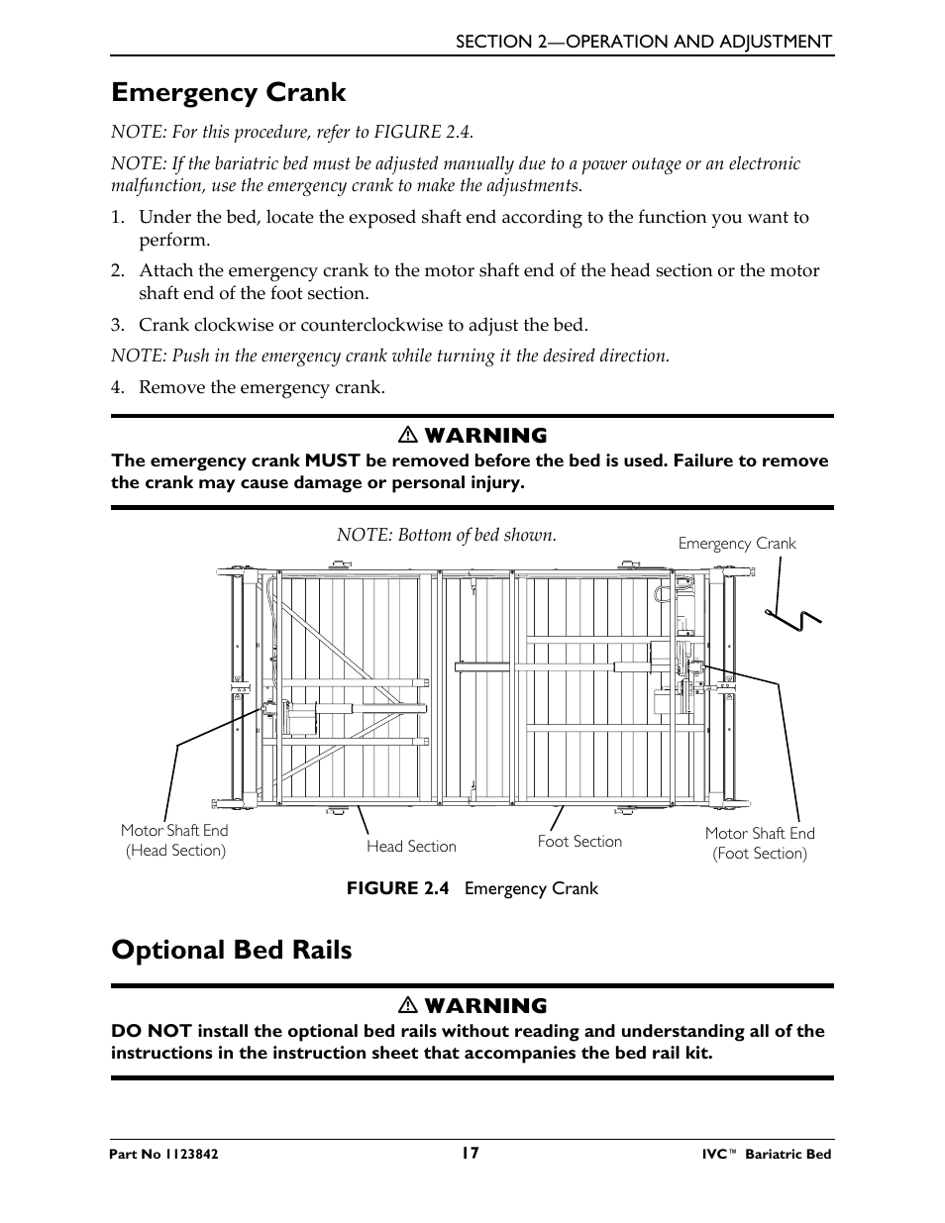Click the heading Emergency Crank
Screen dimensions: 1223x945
coord(229,93)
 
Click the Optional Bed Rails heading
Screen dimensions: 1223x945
coord(231,950)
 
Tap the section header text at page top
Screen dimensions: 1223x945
coord(643,42)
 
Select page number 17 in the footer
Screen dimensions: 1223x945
coord(471,1153)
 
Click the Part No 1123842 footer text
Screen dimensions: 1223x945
coord(164,1155)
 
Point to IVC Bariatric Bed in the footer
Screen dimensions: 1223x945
coord(760,1155)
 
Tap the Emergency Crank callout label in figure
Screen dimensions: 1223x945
coord(737,544)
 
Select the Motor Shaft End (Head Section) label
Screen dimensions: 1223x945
coord(174,841)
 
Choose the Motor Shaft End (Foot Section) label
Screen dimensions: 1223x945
coord(760,844)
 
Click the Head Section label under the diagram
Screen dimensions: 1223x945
coord(411,847)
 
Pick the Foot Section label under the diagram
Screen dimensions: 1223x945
coord(579,842)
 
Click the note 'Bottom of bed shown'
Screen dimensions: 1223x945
coord(446,535)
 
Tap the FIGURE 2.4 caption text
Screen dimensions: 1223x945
coord(472,888)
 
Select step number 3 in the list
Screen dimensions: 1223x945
coord(117,325)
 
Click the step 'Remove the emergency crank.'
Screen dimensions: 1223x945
coord(262,387)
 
